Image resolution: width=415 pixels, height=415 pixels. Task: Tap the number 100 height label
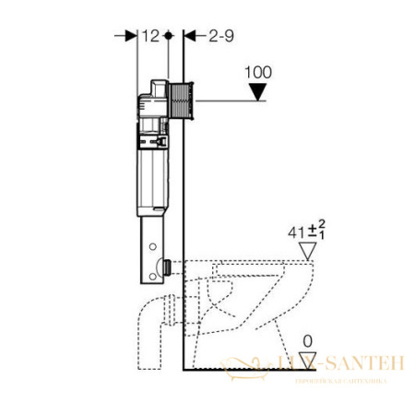point(260,70)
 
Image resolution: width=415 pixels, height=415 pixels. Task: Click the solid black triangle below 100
point(260,90)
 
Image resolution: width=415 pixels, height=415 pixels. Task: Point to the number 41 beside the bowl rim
point(295,231)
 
